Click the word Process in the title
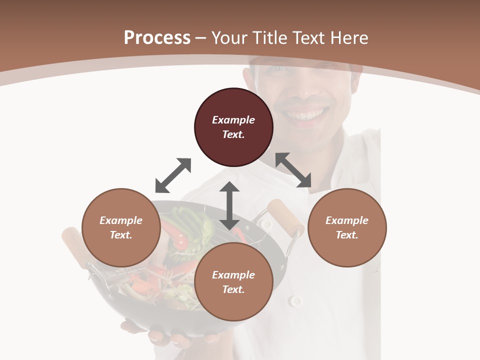click(157, 38)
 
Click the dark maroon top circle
click(233, 127)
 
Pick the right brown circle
click(347, 227)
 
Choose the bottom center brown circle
click(233, 282)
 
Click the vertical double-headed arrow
click(229, 205)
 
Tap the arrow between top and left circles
click(173, 175)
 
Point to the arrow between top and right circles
click(293, 170)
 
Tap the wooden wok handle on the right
click(285, 215)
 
